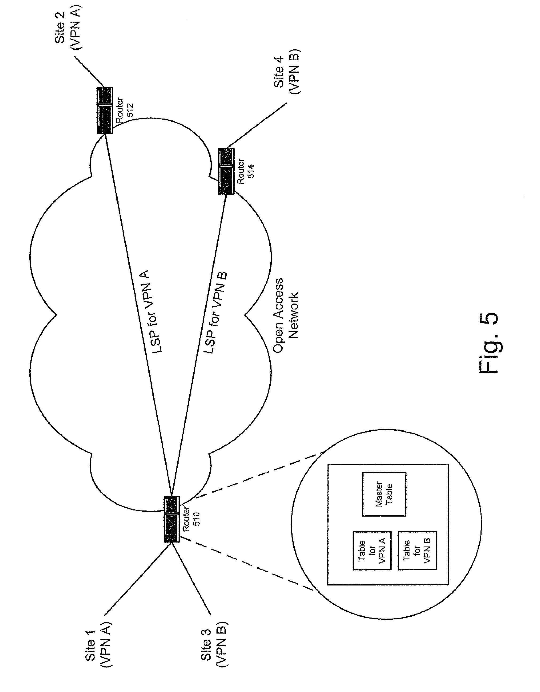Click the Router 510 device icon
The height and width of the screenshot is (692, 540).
171,519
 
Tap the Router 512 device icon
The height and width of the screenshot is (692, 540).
105,110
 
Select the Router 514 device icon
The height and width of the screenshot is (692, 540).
226,171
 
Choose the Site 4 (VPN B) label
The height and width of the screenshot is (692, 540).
287,72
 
